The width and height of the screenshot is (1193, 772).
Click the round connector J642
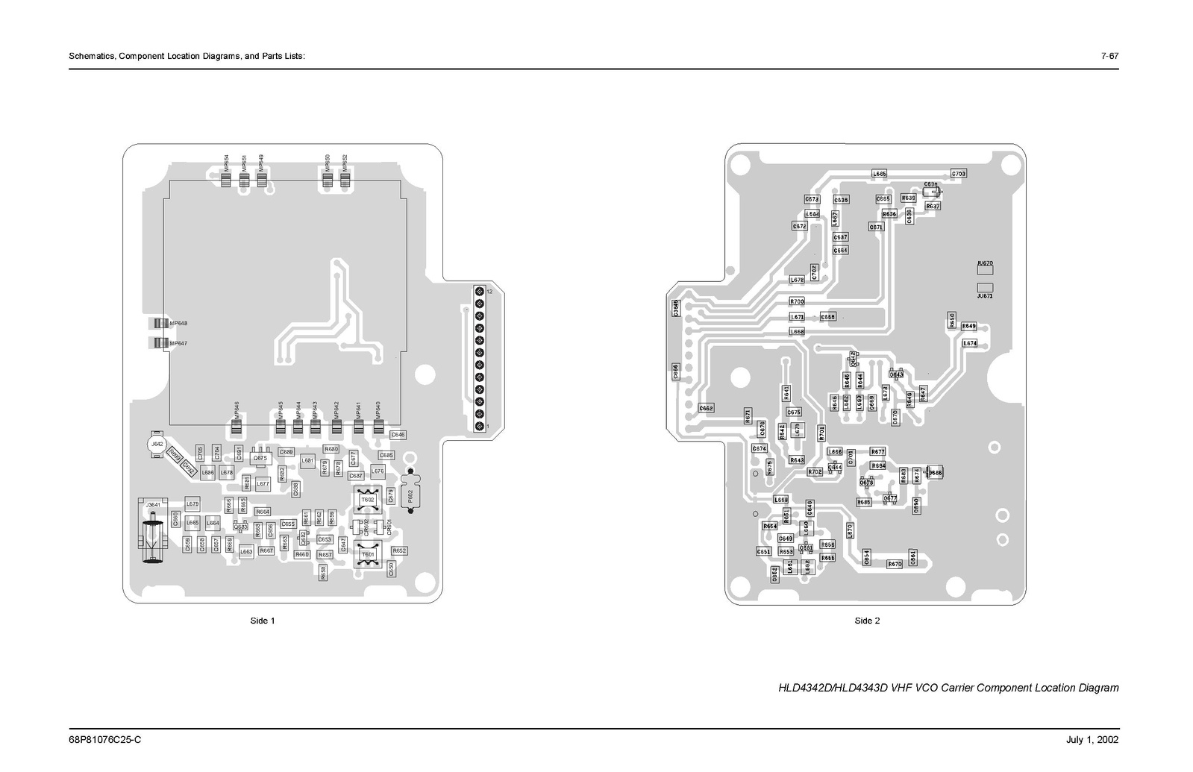click(x=157, y=444)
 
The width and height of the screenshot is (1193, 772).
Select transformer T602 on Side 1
click(x=368, y=499)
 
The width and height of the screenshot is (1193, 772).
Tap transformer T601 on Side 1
click(x=368, y=555)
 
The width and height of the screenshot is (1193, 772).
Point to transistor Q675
click(x=260, y=458)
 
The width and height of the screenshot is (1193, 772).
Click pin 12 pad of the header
click(x=479, y=291)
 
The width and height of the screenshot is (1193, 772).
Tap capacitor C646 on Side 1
click(x=398, y=434)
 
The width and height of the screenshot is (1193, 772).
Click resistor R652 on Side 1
click(x=399, y=550)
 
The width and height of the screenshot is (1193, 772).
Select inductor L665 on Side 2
click(x=880, y=174)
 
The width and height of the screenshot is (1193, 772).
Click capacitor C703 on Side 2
click(x=959, y=174)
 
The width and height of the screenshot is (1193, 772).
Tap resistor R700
click(x=797, y=301)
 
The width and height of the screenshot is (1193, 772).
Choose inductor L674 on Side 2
click(x=969, y=343)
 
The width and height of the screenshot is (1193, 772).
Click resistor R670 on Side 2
click(x=895, y=564)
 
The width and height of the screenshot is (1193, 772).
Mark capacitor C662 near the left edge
click(x=706, y=408)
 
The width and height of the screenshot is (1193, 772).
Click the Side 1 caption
click(x=263, y=621)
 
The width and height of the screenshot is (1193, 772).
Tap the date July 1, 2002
click(x=1092, y=740)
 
